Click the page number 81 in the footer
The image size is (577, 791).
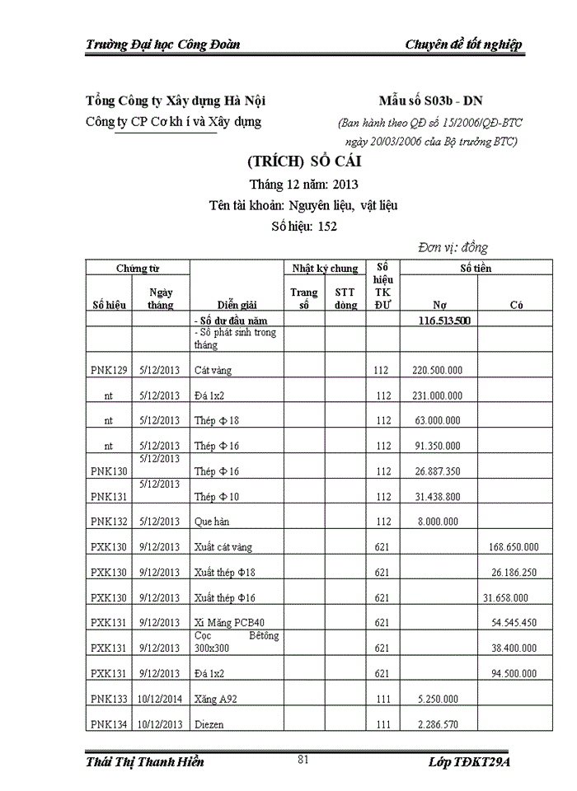pos(303,760)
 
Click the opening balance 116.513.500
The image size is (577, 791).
pos(445,321)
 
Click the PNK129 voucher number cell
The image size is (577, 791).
pos(109,371)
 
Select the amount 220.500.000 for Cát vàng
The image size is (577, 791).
pos(437,371)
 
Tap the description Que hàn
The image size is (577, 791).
pos(212,522)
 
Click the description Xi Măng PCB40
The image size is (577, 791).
pos(229,623)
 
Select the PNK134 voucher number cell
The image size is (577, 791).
pos(109,725)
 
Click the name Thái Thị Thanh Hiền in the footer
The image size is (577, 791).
pos(145,761)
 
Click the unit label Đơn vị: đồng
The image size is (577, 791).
pos(453,247)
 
